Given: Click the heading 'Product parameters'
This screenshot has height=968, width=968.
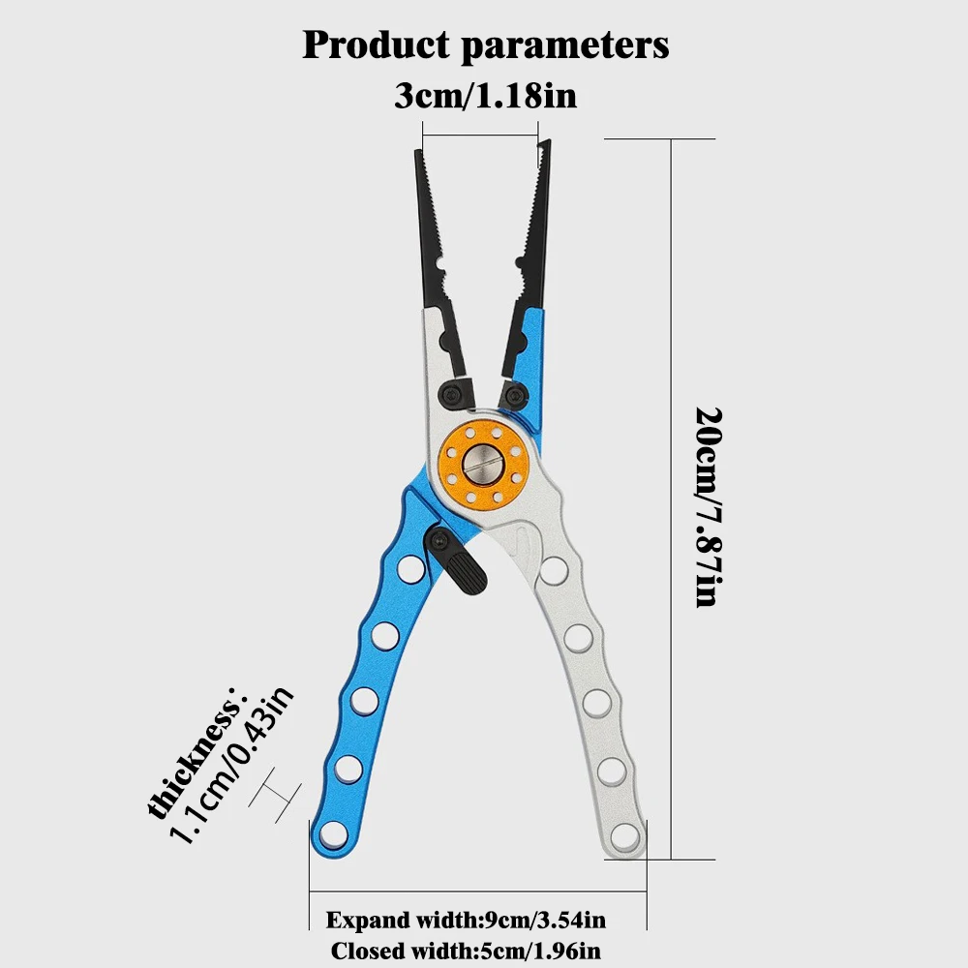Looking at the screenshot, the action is click(485, 45).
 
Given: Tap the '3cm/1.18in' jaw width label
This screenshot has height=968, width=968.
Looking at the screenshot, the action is click(485, 97).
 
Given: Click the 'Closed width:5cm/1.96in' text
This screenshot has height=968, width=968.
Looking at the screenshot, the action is click(471, 951).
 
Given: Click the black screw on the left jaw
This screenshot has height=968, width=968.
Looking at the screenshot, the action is click(453, 392).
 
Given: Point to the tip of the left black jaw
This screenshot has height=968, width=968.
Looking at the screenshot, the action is click(420, 155).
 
